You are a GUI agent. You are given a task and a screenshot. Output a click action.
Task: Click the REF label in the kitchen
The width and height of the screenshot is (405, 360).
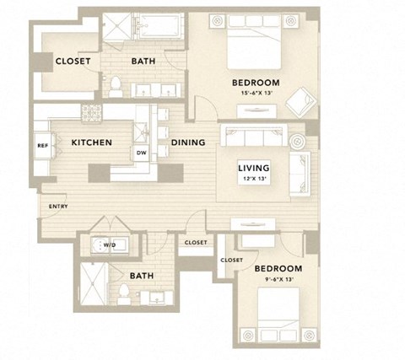[42, 145]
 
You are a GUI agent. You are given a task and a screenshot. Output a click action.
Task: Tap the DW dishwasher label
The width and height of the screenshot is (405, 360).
[142, 153]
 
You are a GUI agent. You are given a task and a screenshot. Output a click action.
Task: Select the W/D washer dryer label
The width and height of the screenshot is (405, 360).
[109, 244]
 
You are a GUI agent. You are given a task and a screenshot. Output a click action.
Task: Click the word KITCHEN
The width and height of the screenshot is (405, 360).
[92, 142]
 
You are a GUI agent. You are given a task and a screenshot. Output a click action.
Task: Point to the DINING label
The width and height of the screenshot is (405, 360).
[186, 142]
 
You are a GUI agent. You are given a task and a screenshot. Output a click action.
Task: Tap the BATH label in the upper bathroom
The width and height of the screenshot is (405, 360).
[143, 61]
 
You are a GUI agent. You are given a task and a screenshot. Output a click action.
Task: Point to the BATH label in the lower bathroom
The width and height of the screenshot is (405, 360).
[141, 275]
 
